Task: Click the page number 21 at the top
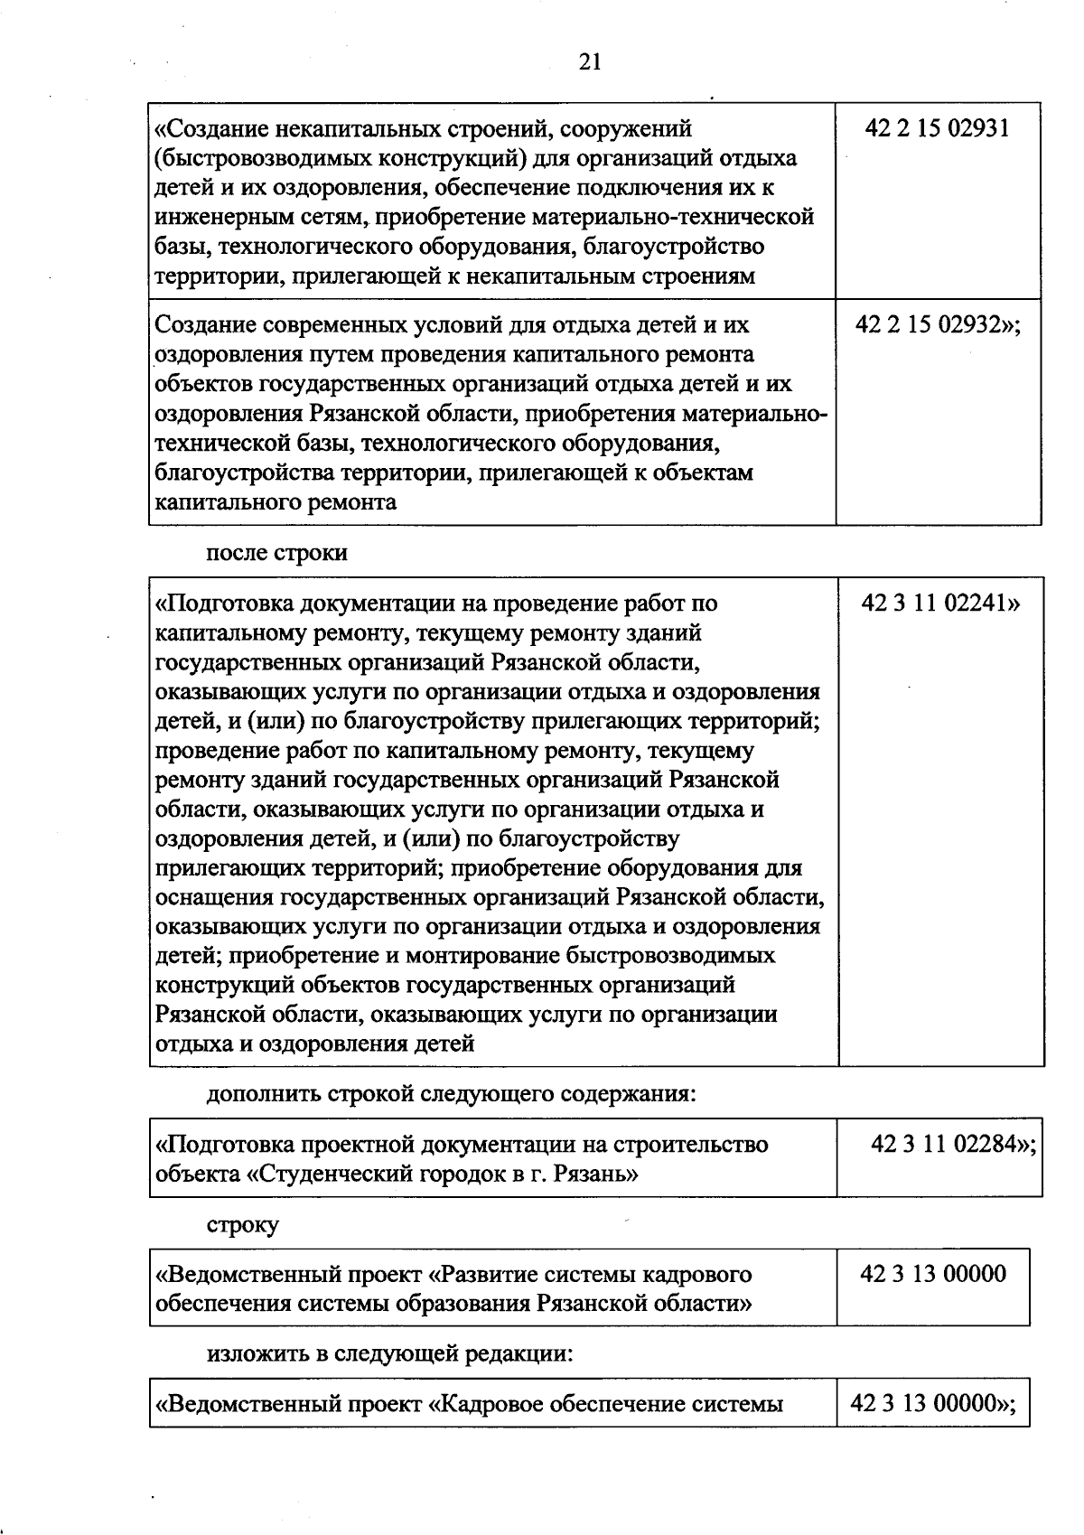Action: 589,61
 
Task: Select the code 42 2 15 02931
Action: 937,128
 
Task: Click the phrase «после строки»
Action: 276,553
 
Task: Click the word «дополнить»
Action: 263,1094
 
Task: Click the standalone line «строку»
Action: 243,1225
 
